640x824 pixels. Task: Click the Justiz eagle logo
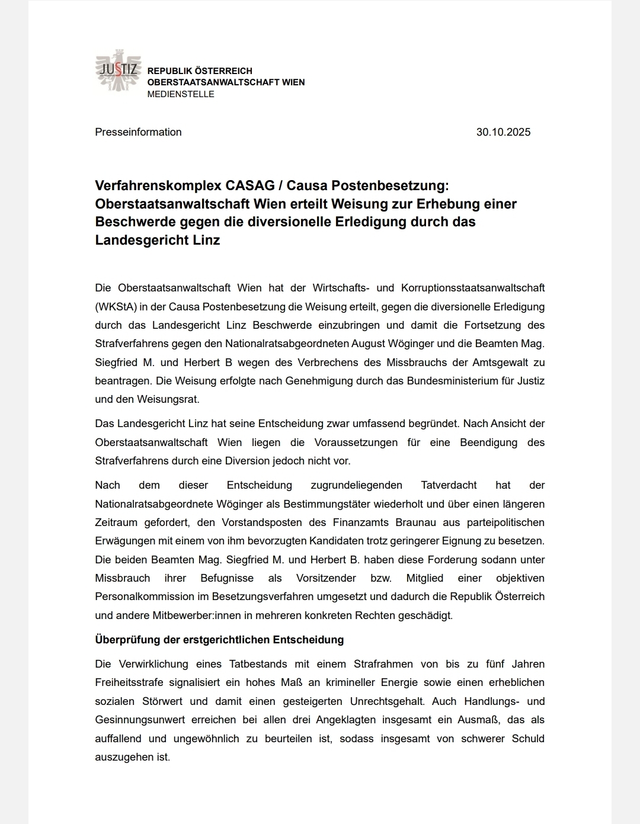point(117,71)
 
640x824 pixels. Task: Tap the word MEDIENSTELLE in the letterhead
point(181,94)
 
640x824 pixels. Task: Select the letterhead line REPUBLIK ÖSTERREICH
point(200,71)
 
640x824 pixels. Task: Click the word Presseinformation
point(138,132)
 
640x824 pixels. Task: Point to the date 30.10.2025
point(503,132)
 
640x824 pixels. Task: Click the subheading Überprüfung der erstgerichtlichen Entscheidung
point(219,640)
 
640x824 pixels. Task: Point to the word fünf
point(495,664)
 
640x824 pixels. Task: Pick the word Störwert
point(162,701)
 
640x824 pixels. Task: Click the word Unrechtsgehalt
point(387,701)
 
